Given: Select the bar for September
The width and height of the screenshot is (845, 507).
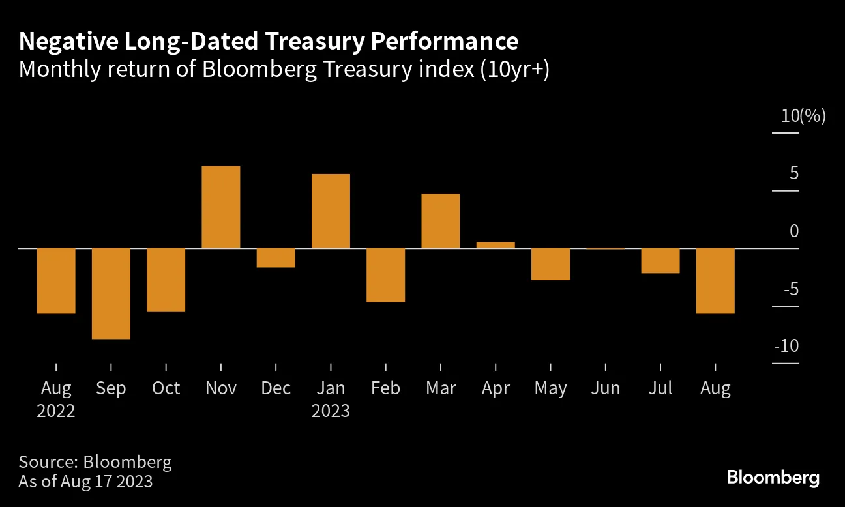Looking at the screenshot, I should pos(111,293).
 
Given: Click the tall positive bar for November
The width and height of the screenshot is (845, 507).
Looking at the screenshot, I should pos(221,207).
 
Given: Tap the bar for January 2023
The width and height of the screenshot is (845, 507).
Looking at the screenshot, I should pos(331,211).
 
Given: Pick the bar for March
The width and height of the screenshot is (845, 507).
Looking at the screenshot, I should pos(441,221).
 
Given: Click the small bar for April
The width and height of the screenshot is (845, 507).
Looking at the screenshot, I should pos(496,245).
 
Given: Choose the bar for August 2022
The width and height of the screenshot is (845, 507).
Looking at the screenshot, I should pos(56,281).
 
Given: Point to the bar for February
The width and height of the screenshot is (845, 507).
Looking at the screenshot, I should pos(385,275).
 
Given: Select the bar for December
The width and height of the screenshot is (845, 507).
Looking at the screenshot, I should pos(276,258).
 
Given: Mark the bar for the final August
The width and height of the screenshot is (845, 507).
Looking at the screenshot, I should pos(716,281).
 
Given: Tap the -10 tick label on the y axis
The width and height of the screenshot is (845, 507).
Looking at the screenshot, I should pos(786,346).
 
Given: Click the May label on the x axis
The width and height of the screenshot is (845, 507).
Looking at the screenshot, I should pos(550,389).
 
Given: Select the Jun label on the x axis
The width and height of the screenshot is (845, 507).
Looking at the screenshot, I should pos(605,389).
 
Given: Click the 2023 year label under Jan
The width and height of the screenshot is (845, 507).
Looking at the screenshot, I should pos(331,412).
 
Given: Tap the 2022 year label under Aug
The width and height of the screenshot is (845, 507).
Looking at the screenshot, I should pos(56,412).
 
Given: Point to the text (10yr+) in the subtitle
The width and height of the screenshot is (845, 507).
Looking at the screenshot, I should pos(514,69).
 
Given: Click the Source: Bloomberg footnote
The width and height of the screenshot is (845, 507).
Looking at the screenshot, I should pos(95,462).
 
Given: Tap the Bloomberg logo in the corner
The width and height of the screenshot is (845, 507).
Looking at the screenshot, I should pos(773,477).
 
